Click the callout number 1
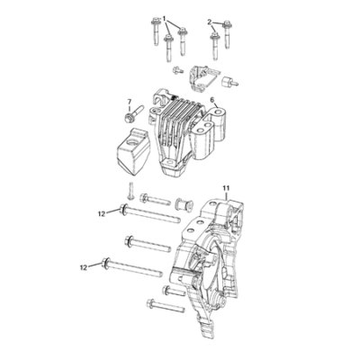point(165,19)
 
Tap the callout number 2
point(210,22)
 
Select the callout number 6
point(211,99)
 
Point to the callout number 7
point(130,101)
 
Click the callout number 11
point(226,188)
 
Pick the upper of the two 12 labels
point(102,214)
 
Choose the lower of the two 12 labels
point(84,267)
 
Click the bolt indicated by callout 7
point(133,114)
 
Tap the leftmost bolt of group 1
point(156,31)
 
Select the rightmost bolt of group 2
point(227,34)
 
